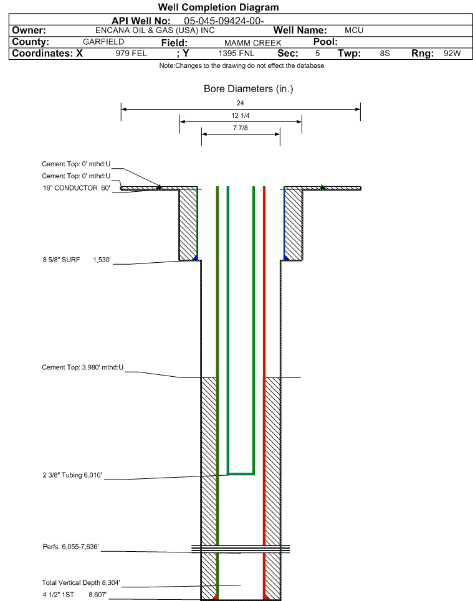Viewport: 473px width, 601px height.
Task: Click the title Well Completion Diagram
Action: pyautogui.click(x=218, y=7)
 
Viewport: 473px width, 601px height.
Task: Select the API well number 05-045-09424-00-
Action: pyautogui.click(x=224, y=21)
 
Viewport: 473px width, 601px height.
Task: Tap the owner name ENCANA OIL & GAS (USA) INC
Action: pyautogui.click(x=155, y=31)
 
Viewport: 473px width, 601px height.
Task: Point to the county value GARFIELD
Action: pyautogui.click(x=103, y=42)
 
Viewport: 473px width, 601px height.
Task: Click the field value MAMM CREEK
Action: pyautogui.click(x=253, y=43)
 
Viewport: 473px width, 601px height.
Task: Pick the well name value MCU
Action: pyautogui.click(x=354, y=31)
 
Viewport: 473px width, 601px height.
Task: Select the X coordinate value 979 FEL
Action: pyautogui.click(x=131, y=54)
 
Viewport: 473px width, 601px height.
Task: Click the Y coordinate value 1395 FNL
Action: pyautogui.click(x=236, y=54)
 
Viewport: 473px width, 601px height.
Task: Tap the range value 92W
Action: pyautogui.click(x=452, y=54)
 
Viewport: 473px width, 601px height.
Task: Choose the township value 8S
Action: pyautogui.click(x=385, y=54)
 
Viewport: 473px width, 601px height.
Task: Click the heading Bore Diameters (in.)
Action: pyautogui.click(x=248, y=89)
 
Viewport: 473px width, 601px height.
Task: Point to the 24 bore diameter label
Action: pyautogui.click(x=240, y=103)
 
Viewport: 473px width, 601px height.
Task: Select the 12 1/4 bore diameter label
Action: pyautogui.click(x=240, y=115)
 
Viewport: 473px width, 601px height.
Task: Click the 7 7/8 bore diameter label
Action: pyautogui.click(x=240, y=128)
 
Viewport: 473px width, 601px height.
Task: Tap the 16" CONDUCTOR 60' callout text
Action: pyautogui.click(x=76, y=188)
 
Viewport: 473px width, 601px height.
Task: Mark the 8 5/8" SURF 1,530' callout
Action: pyautogui.click(x=77, y=260)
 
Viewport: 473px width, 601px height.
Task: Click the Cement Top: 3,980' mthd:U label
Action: pyautogui.click(x=82, y=367)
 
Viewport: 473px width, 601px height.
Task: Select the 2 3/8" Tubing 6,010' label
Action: pyautogui.click(x=72, y=475)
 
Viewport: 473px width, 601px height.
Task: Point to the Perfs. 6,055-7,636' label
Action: pyautogui.click(x=70, y=547)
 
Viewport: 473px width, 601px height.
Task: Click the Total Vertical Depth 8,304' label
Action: pyautogui.click(x=81, y=582)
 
